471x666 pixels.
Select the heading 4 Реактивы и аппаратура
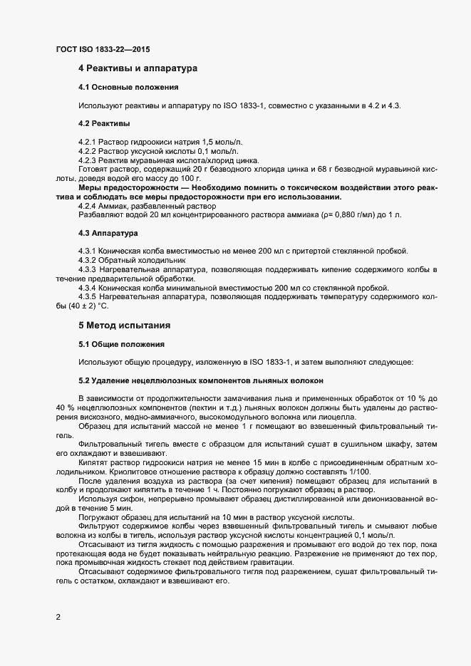click(138, 69)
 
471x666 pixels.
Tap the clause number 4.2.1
click(87, 142)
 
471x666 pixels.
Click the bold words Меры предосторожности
click(125, 187)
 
